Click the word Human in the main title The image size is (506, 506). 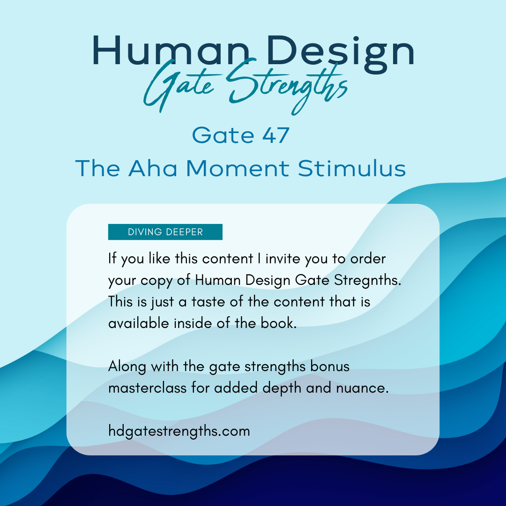tap(171, 51)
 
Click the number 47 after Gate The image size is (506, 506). tap(275, 135)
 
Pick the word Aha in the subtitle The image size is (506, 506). tap(153, 168)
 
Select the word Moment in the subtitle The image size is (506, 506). tap(238, 168)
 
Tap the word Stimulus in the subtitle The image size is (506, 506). tap(352, 168)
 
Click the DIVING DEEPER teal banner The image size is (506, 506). tap(165, 232)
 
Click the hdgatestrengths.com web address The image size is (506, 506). tap(179, 432)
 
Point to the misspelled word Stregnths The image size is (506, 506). tap(368, 280)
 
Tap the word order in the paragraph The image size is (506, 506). tap(368, 259)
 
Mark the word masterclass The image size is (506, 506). tap(148, 388)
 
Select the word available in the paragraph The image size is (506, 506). tap(139, 323)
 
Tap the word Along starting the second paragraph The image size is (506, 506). tap(127, 367)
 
